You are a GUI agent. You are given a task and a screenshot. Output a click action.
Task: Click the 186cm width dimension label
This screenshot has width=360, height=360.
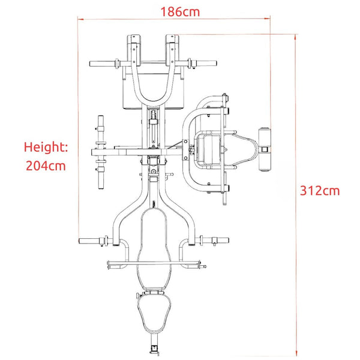click(180, 12)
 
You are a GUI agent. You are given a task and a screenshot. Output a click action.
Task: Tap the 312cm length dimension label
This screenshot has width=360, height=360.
click(320, 191)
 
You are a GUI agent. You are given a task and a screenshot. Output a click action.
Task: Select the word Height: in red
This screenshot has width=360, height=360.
click(46, 147)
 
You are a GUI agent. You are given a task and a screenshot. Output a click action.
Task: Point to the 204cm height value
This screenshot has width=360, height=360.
click(46, 166)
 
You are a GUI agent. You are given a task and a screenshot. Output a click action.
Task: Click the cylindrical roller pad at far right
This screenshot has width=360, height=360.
click(265, 149)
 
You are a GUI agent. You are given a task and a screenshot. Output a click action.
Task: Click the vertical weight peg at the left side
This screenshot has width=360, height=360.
click(101, 152)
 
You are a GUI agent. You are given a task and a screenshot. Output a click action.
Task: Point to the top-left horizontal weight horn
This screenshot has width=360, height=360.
click(103, 64)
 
